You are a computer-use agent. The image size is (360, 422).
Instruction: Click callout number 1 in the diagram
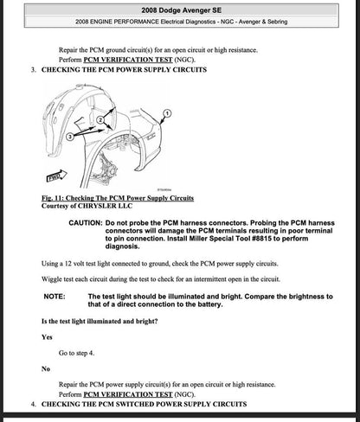click(x=167, y=112)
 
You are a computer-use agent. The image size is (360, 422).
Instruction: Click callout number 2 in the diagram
click(x=102, y=118)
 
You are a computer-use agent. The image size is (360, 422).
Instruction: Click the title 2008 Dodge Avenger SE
click(x=180, y=9)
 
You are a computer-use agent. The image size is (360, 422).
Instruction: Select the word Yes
click(x=47, y=337)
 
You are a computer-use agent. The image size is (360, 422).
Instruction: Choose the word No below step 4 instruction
click(x=46, y=368)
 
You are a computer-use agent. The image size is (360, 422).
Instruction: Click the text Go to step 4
click(x=80, y=353)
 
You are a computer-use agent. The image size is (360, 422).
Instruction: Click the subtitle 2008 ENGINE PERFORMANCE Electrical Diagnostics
click(x=180, y=23)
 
